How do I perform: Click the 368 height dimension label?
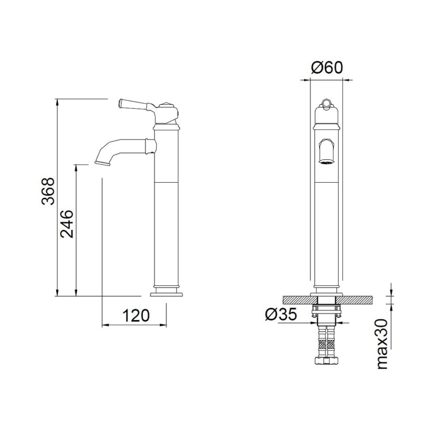click(48, 191)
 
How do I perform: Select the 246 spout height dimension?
click(67, 224)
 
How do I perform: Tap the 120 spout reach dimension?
click(136, 315)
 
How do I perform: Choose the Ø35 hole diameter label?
click(281, 314)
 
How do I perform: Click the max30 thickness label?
click(382, 344)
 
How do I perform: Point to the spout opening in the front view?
click(327, 163)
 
